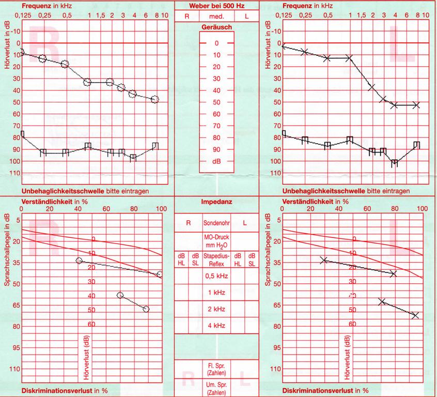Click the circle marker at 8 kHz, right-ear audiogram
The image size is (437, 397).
(x=155, y=99)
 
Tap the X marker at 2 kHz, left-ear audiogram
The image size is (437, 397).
(x=371, y=87)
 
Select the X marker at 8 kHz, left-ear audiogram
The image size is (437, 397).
(x=416, y=105)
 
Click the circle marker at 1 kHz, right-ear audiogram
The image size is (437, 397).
(x=88, y=82)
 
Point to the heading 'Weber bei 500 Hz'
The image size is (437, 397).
(x=217, y=5)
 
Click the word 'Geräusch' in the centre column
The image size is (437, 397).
(x=217, y=26)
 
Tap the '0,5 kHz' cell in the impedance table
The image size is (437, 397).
(x=217, y=276)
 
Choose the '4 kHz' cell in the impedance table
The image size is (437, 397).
(x=217, y=326)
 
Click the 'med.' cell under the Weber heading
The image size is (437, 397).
(x=217, y=16)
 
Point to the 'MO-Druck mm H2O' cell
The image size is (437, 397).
(x=217, y=241)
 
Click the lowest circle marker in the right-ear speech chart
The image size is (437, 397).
(x=146, y=309)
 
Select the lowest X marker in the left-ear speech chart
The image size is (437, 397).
(x=415, y=315)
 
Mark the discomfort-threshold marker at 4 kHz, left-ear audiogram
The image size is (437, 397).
(x=394, y=163)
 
